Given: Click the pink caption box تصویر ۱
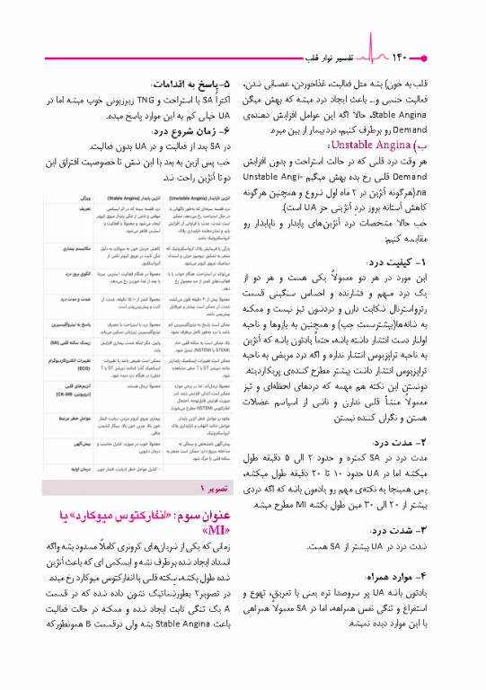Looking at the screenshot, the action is pos(213,487).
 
